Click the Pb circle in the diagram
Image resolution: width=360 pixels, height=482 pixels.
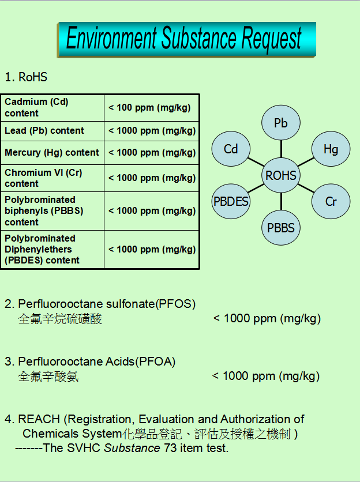pos(281,123)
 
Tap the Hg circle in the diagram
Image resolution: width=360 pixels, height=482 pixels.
pos(331,149)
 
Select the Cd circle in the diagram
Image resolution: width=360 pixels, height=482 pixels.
pos(231,149)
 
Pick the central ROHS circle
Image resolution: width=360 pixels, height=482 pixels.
pos(281,175)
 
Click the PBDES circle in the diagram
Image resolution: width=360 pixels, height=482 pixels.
pos(231,201)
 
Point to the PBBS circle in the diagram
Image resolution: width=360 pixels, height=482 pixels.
pos(281,228)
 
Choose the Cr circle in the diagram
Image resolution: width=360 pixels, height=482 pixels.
pos(331,201)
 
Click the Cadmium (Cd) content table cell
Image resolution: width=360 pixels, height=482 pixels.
pos(52,108)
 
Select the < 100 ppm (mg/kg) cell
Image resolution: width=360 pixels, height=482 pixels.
pos(151,108)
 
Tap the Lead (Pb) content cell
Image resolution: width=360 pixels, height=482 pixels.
pos(52,131)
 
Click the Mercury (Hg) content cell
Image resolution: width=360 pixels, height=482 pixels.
pos(52,153)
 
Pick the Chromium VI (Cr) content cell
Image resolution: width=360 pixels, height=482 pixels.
pos(52,178)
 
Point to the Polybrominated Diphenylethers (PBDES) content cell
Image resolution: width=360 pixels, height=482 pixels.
pos(52,249)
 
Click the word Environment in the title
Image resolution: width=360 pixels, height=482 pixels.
pos(111,39)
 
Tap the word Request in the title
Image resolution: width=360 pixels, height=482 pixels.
pos(272,39)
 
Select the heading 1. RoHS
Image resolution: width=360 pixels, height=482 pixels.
pos(26,77)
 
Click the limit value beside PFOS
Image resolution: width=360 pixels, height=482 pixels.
pos(267,318)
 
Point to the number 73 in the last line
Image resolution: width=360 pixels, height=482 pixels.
pos(170,448)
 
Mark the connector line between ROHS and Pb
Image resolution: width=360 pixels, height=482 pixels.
pos(281,149)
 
